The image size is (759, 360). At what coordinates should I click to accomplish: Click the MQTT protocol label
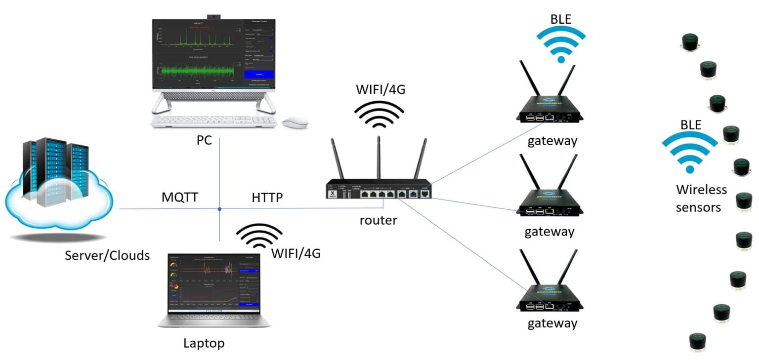[180, 198]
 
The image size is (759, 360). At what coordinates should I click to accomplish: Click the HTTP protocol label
[267, 198]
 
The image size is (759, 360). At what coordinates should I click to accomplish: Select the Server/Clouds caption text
[107, 255]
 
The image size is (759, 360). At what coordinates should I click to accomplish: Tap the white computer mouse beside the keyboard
[295, 121]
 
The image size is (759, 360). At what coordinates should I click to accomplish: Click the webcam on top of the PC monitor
[213, 16]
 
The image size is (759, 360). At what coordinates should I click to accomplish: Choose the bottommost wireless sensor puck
[697, 342]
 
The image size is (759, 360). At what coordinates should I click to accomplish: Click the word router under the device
[378, 220]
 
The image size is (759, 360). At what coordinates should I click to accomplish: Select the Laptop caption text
[204, 343]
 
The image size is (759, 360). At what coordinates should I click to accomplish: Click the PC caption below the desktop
[204, 140]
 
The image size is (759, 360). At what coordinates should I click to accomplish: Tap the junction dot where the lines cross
[219, 209]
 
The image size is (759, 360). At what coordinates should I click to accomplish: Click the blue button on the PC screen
[258, 75]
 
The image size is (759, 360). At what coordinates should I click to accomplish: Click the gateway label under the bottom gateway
[552, 323]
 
